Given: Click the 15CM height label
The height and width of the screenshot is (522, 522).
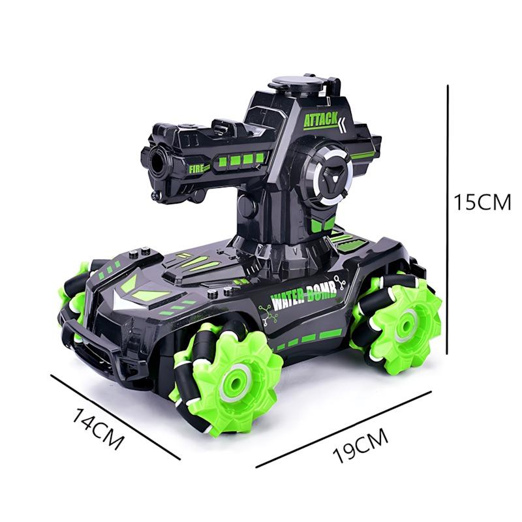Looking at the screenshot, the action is (482, 202).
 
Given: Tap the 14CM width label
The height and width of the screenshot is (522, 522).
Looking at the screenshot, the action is (98, 429).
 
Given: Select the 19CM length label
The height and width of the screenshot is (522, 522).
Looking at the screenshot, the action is (361, 446).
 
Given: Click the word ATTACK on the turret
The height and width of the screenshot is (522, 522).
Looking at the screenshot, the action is (320, 120).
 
